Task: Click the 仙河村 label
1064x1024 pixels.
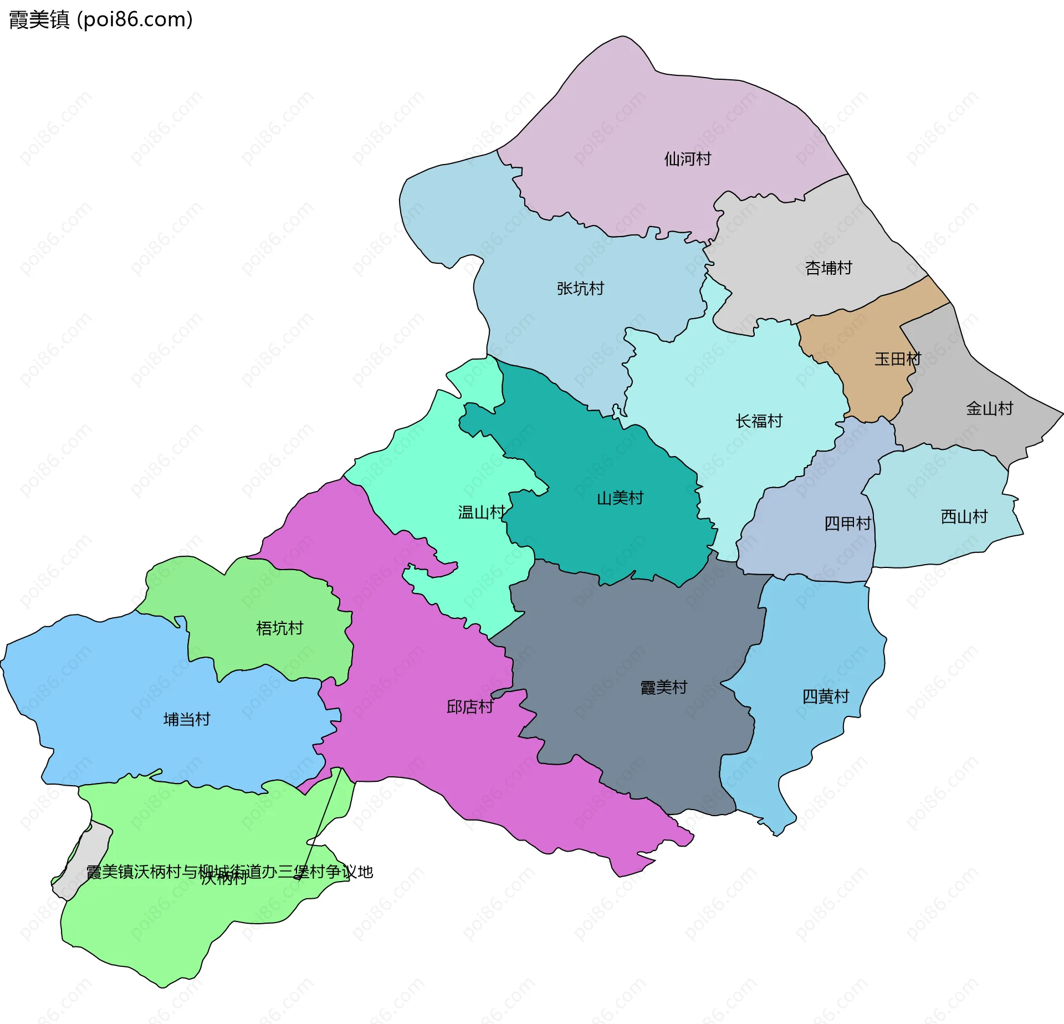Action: tap(687, 159)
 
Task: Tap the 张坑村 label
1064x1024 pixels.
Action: tap(580, 288)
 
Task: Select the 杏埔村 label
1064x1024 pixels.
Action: tap(828, 268)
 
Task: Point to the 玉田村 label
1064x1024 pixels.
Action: tap(897, 359)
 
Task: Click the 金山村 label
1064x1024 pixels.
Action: tap(989, 409)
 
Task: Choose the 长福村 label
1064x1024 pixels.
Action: tap(759, 421)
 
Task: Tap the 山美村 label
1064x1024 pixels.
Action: tap(620, 498)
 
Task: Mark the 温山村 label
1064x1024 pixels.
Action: tap(481, 512)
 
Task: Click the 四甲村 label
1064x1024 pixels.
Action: tap(847, 523)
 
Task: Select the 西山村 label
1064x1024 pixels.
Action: tap(964, 517)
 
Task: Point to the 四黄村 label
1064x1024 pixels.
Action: tap(825, 697)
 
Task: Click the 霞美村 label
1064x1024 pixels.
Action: tap(663, 688)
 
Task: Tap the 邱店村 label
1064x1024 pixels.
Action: tap(469, 707)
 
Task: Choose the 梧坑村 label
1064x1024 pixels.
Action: tap(279, 628)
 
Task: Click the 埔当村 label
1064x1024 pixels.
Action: tap(187, 720)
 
